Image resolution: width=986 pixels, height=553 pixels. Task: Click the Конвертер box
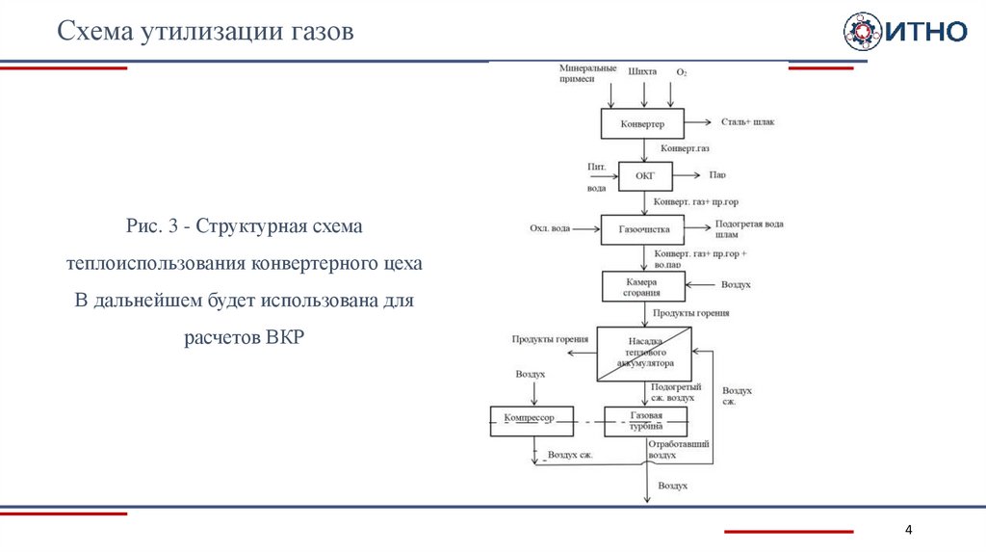coord(642,124)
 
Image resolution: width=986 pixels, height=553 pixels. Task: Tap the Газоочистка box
coord(643,229)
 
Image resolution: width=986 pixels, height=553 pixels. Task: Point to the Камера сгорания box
coord(643,286)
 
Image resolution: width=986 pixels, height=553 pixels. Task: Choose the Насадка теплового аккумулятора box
coord(643,354)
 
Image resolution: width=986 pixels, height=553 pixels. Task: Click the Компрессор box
coord(532,420)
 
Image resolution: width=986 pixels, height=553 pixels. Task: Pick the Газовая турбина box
coord(646,420)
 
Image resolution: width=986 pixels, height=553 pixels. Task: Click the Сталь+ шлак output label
coord(747,122)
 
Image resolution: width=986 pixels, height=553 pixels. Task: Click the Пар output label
coord(717,175)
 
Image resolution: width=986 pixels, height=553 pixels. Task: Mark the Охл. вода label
coord(549,229)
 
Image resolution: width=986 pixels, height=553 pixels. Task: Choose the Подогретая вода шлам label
coord(748,229)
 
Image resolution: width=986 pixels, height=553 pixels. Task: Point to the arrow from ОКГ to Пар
coord(685,175)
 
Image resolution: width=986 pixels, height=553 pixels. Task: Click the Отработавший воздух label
coord(678,450)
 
